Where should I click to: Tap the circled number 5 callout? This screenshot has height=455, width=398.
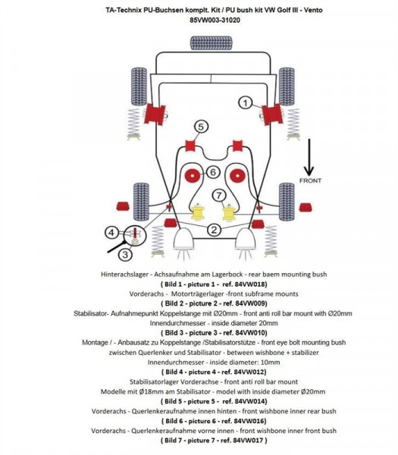pyautogui.click(x=201, y=127)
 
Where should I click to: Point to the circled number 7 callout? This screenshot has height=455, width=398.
pyautogui.click(x=219, y=196)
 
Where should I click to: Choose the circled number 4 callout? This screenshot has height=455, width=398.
pyautogui.click(x=111, y=233)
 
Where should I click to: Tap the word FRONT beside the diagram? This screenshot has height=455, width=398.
pyautogui.click(x=310, y=180)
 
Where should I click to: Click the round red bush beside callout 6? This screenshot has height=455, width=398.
pyautogui.click(x=193, y=175)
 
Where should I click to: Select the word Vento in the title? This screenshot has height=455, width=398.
pyautogui.click(x=287, y=8)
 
